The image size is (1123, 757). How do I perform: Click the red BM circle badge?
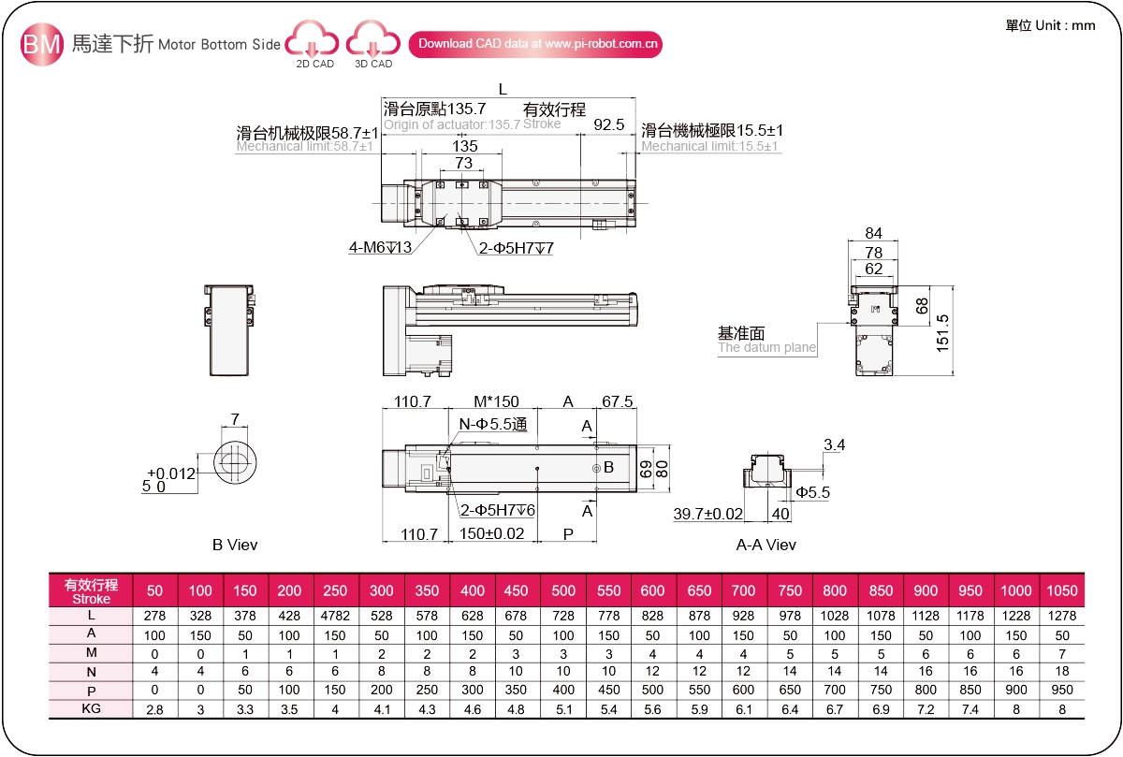[x=42, y=44]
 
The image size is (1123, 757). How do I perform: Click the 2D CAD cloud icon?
[x=314, y=43]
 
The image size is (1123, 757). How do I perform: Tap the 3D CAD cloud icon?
[x=373, y=43]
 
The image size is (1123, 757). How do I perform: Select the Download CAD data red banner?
[x=535, y=44]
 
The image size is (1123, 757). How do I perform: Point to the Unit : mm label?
[x=1050, y=25]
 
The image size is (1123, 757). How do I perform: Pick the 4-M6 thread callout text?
[x=381, y=248]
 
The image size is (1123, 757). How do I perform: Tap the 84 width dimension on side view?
[x=874, y=233]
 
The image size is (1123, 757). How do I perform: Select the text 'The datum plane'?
[x=766, y=348]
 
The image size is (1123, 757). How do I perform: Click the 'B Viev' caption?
[x=235, y=545]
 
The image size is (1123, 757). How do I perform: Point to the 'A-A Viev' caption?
[x=766, y=545]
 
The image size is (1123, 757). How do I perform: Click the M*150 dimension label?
[x=496, y=401]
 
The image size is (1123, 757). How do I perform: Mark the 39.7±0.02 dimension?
[x=708, y=514]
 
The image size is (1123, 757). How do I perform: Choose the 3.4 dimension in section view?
[x=834, y=444]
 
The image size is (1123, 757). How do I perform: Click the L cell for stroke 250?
[x=335, y=617]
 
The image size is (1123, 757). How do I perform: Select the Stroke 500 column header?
[x=563, y=590]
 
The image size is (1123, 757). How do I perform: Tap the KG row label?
[x=91, y=708]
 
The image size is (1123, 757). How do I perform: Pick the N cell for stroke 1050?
[x=1061, y=671]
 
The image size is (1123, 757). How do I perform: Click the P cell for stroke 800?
[x=834, y=690]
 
